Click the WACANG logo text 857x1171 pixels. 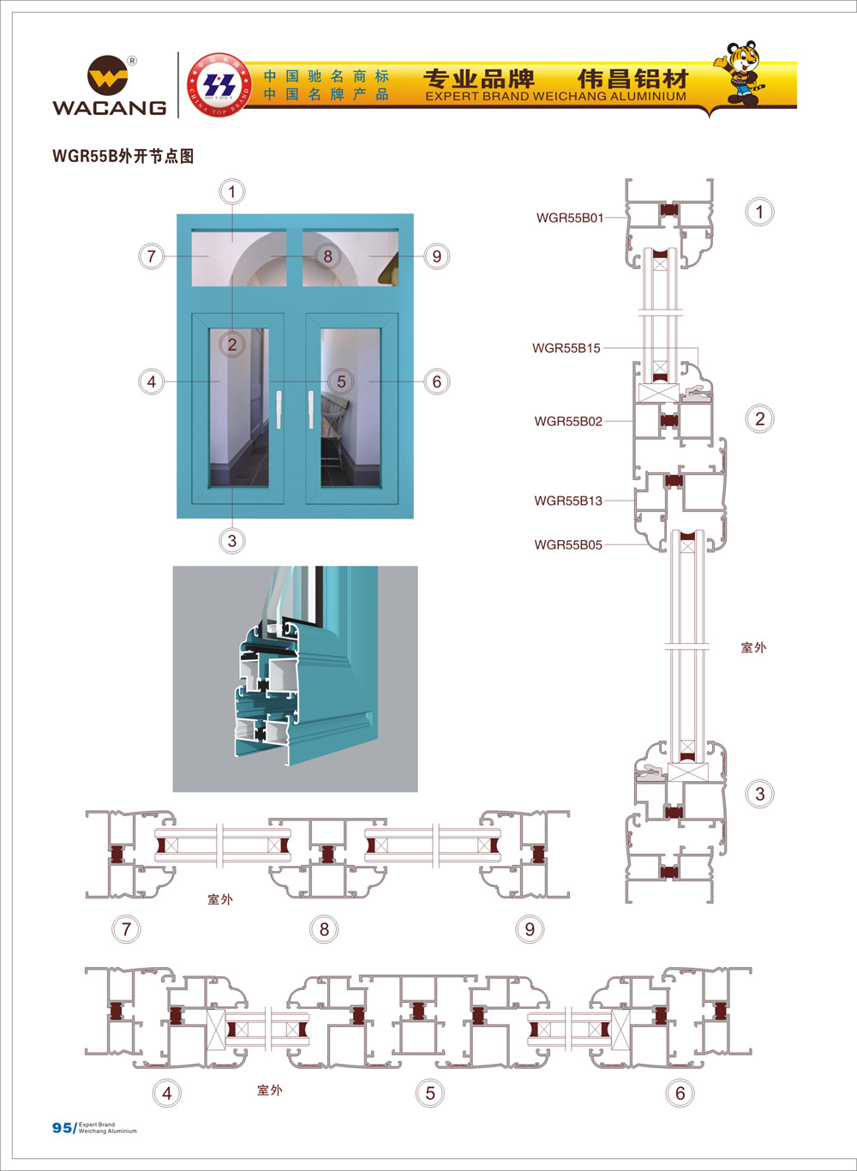[x=109, y=107]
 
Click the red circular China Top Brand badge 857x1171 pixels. [x=219, y=85]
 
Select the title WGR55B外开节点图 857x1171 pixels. [x=123, y=156]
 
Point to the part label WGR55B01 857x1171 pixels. [x=570, y=218]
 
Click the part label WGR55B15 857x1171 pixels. [x=566, y=348]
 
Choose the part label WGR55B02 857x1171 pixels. [x=568, y=421]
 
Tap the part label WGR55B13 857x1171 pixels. [x=568, y=501]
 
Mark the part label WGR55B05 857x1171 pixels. [x=568, y=544]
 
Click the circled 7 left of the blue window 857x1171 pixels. [x=152, y=255]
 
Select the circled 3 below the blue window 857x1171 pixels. [x=231, y=541]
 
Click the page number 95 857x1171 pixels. [x=62, y=1127]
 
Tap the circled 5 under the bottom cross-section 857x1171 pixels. [x=430, y=1093]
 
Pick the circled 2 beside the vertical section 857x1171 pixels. [x=759, y=419]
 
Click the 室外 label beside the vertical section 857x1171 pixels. [x=753, y=647]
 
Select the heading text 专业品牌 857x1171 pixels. [x=479, y=79]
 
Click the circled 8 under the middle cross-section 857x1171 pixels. [x=324, y=929]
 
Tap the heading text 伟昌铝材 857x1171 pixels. [x=633, y=79]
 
